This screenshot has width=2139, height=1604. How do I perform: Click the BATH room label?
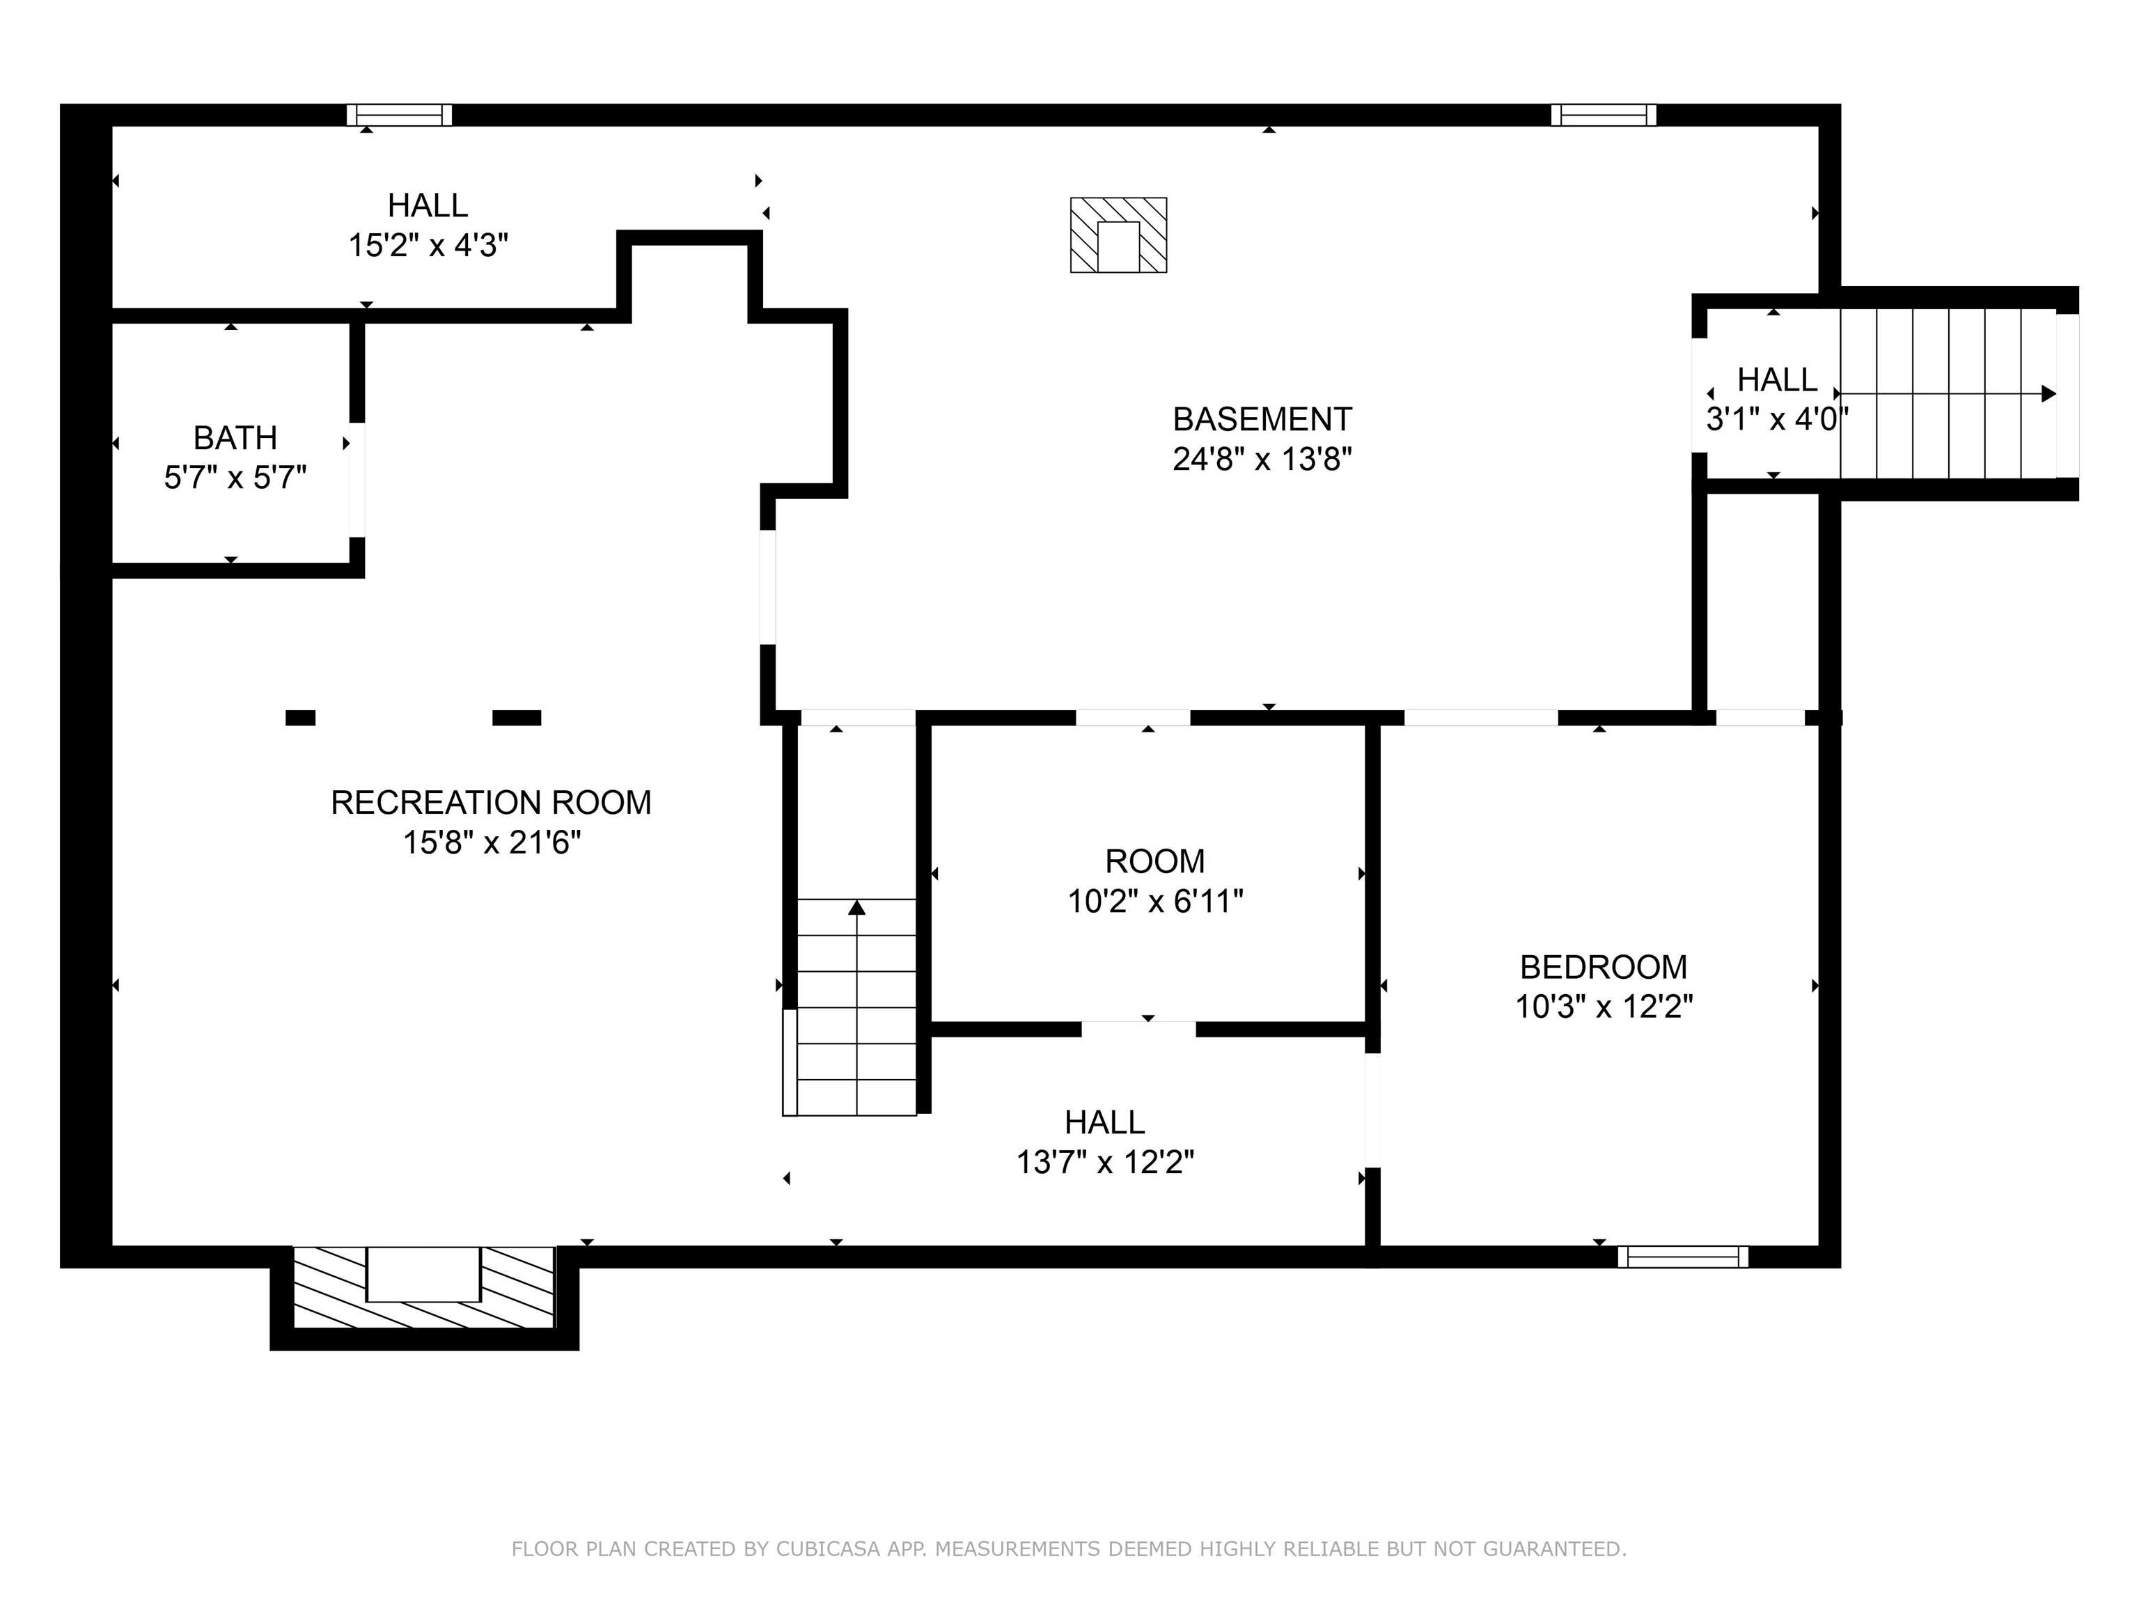pos(235,438)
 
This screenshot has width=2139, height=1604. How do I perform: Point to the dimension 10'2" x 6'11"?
pos(1154,901)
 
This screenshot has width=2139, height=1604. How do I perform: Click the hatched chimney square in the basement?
pos(1118,235)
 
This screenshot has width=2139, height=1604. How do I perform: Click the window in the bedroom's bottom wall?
pos(1682,1256)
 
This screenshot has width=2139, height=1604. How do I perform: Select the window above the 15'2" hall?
pos(400,115)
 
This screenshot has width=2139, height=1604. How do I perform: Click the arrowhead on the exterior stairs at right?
pos(2048,393)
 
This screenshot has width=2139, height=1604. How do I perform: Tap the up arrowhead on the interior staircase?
pos(856,907)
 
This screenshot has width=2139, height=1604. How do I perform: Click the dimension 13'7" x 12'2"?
pos(1104,1162)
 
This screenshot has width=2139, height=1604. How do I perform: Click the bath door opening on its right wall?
pos(356,480)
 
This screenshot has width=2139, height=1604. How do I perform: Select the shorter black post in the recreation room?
pos(300,717)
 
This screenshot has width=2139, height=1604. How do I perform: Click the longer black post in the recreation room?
pos(517,717)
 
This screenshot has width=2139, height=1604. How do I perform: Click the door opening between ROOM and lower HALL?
pos(1138,1029)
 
